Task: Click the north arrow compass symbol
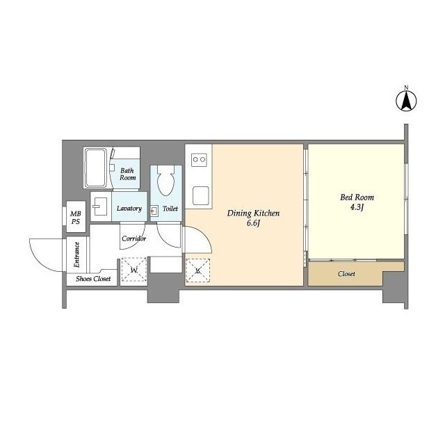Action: [x=406, y=101]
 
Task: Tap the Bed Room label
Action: [x=357, y=197]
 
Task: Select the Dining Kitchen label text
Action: [x=253, y=213]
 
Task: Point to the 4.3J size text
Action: [x=357, y=207]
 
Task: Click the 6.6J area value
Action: [x=253, y=223]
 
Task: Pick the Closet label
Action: [x=346, y=274]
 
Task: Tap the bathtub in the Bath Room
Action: [x=96, y=168]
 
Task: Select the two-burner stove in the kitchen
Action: [x=199, y=160]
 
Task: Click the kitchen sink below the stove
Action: [x=201, y=195]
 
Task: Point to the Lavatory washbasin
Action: [x=99, y=207]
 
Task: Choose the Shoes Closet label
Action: [x=93, y=279]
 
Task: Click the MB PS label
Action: [x=76, y=218]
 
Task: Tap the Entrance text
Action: [x=76, y=254]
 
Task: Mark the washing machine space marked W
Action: [x=134, y=270]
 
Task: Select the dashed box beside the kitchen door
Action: [x=197, y=270]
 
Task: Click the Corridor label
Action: [x=133, y=238]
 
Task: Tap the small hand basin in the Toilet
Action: [x=154, y=211]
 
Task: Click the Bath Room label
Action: [x=127, y=174]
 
